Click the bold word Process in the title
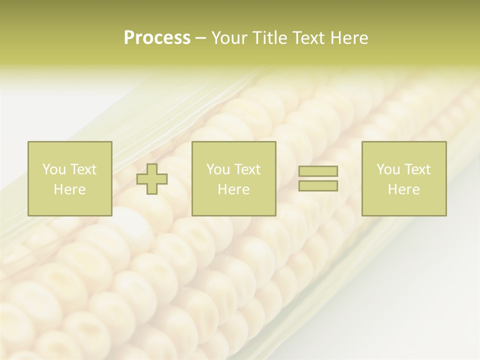[157, 38]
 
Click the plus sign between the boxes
[152, 179]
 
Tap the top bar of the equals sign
[318, 171]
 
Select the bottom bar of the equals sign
[318, 186]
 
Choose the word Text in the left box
[83, 169]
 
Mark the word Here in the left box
[69, 189]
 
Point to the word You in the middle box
[218, 169]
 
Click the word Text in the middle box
[247, 169]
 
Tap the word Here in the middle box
[233, 189]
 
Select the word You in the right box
[388, 169]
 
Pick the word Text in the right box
[417, 169]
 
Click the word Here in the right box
[403, 189]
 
